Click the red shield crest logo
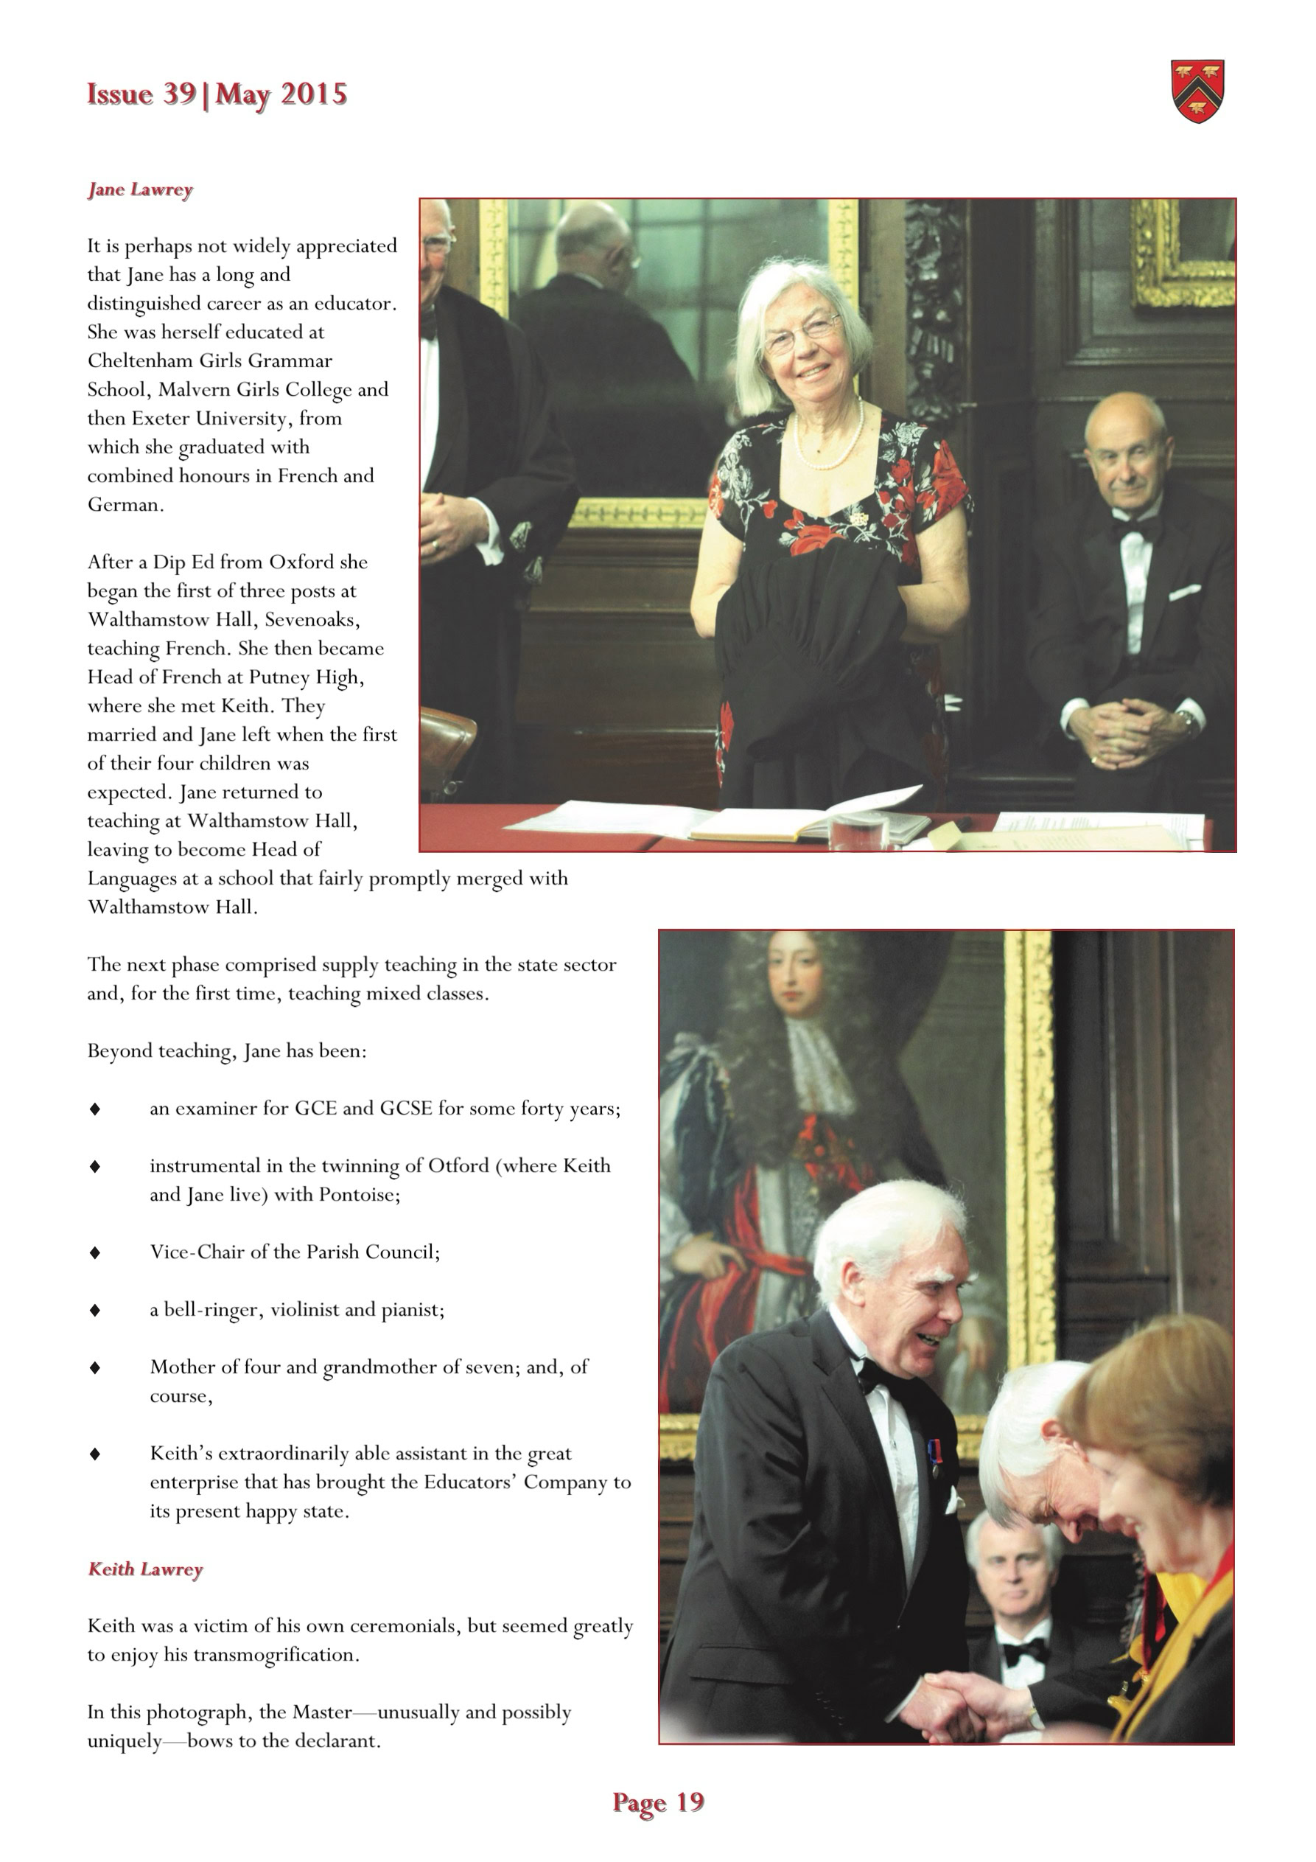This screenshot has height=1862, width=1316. pyautogui.click(x=1197, y=91)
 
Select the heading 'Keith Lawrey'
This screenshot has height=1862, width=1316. pyautogui.click(x=145, y=1569)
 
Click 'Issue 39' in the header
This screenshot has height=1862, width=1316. pyautogui.click(x=141, y=94)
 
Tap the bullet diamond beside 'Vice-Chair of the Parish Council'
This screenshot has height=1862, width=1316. pyautogui.click(x=95, y=1252)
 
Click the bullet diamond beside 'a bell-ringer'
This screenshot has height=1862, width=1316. pyautogui.click(x=95, y=1310)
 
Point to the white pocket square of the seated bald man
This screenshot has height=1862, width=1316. pyautogui.click(x=1184, y=592)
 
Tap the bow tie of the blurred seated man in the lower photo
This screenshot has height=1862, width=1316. pyautogui.click(x=1023, y=1651)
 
